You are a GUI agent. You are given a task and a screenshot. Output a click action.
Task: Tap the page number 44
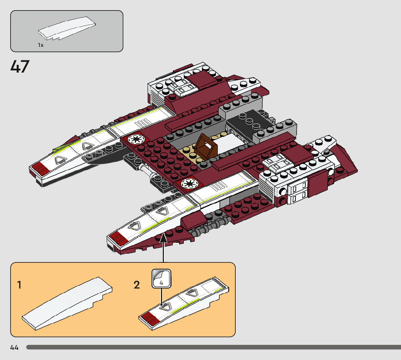pyautogui.click(x=14, y=348)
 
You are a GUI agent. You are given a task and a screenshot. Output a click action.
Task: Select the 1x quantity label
pyautogui.click(x=41, y=45)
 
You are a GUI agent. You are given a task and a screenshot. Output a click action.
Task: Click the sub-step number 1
pyautogui.click(x=19, y=285)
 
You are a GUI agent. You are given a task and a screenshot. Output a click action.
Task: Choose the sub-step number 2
pyautogui.click(x=136, y=285)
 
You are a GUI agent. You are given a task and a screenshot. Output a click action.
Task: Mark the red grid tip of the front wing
pyautogui.click(x=117, y=240)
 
